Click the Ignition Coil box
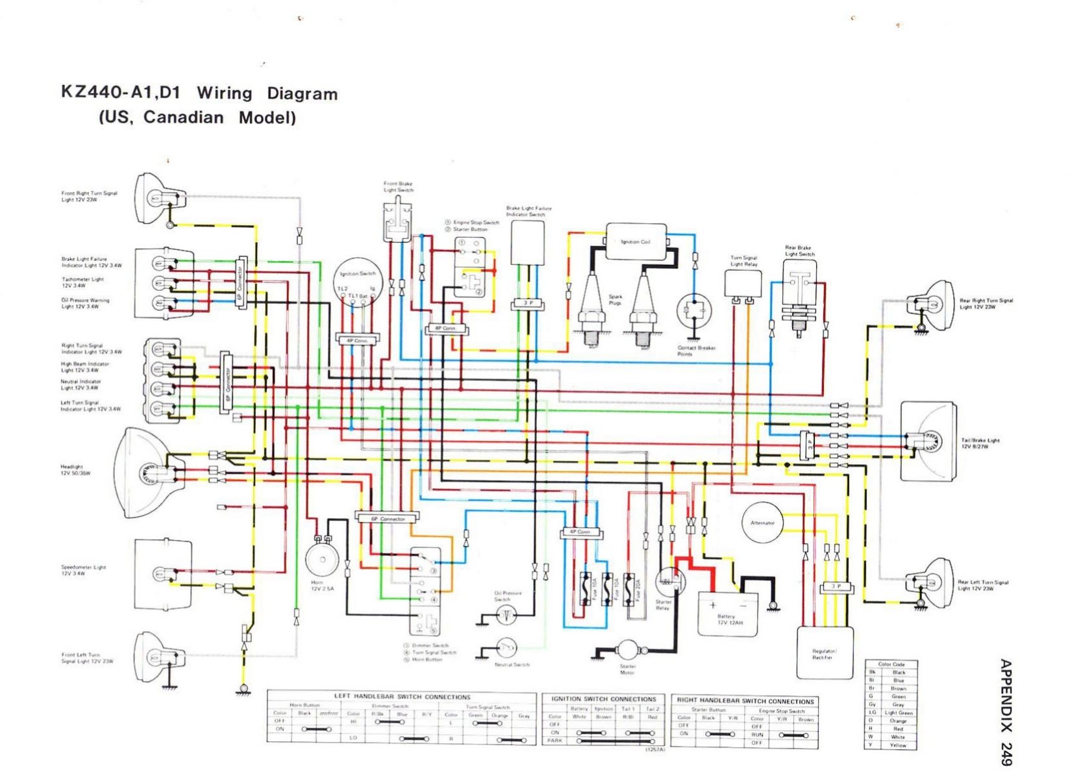point(636,241)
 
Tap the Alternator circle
point(762,523)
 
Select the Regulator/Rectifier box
point(825,652)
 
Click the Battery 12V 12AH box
point(727,613)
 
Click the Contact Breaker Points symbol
point(693,312)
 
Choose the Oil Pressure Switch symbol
point(506,615)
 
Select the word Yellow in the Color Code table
point(898,745)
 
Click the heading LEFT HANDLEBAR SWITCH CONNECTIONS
point(402,697)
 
